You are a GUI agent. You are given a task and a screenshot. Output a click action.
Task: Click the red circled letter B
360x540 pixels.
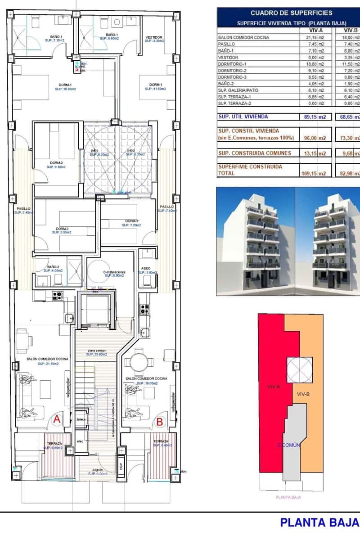(160, 422)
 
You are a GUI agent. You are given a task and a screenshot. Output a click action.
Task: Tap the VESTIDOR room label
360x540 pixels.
(154, 37)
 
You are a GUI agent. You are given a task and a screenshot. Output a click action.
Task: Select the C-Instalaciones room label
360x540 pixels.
(114, 272)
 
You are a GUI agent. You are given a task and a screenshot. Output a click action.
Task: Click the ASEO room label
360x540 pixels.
(146, 268)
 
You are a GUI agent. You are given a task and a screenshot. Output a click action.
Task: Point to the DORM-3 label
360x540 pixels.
(62, 229)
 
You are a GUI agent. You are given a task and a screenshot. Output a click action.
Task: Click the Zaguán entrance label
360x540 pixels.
(97, 469)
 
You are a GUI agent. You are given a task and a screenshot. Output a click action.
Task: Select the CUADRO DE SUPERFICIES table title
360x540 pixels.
(291, 13)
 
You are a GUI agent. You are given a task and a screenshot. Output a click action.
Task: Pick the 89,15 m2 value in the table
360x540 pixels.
(312, 117)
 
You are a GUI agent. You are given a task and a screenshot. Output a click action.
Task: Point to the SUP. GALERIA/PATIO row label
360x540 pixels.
(237, 90)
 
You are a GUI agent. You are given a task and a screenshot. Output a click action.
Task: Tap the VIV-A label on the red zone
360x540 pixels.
(274, 386)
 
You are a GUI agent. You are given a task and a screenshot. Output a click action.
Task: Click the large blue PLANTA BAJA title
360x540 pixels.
(319, 522)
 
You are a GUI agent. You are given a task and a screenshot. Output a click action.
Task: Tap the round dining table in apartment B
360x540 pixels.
(139, 361)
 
